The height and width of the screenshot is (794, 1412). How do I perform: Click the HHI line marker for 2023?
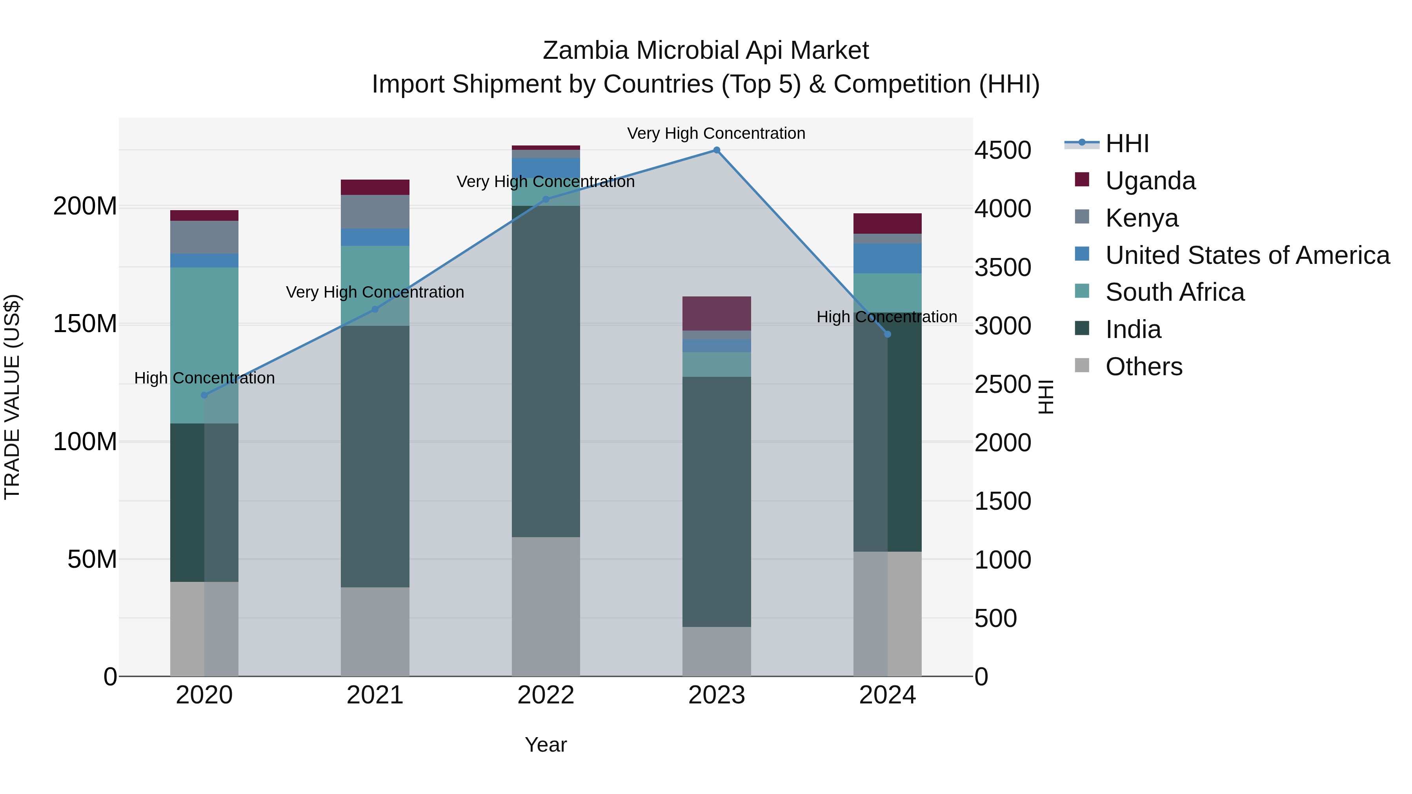click(717, 150)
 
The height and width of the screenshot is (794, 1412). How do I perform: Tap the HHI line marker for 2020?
click(204, 395)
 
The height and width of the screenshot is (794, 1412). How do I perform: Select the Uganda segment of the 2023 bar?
click(717, 313)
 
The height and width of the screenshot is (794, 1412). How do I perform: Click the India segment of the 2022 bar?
click(546, 371)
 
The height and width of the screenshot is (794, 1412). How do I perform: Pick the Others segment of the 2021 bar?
click(375, 631)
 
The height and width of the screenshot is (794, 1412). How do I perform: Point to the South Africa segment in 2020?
click(204, 345)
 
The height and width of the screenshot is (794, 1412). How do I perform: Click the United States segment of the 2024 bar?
click(888, 258)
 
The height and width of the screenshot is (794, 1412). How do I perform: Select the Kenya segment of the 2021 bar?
click(375, 211)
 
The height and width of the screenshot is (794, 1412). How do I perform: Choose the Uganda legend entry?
click(1150, 181)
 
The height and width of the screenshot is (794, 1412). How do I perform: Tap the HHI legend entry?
click(1126, 144)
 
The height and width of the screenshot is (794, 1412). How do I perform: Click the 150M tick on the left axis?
click(85, 324)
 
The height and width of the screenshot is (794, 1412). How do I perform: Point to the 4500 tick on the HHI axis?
click(1003, 150)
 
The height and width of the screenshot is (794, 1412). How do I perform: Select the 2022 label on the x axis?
click(546, 695)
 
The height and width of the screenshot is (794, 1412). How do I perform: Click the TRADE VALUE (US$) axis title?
click(12, 397)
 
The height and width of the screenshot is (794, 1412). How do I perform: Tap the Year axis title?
click(546, 745)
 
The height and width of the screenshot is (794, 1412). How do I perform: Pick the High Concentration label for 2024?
click(886, 317)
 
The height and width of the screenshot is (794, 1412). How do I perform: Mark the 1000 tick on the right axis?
click(1003, 560)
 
